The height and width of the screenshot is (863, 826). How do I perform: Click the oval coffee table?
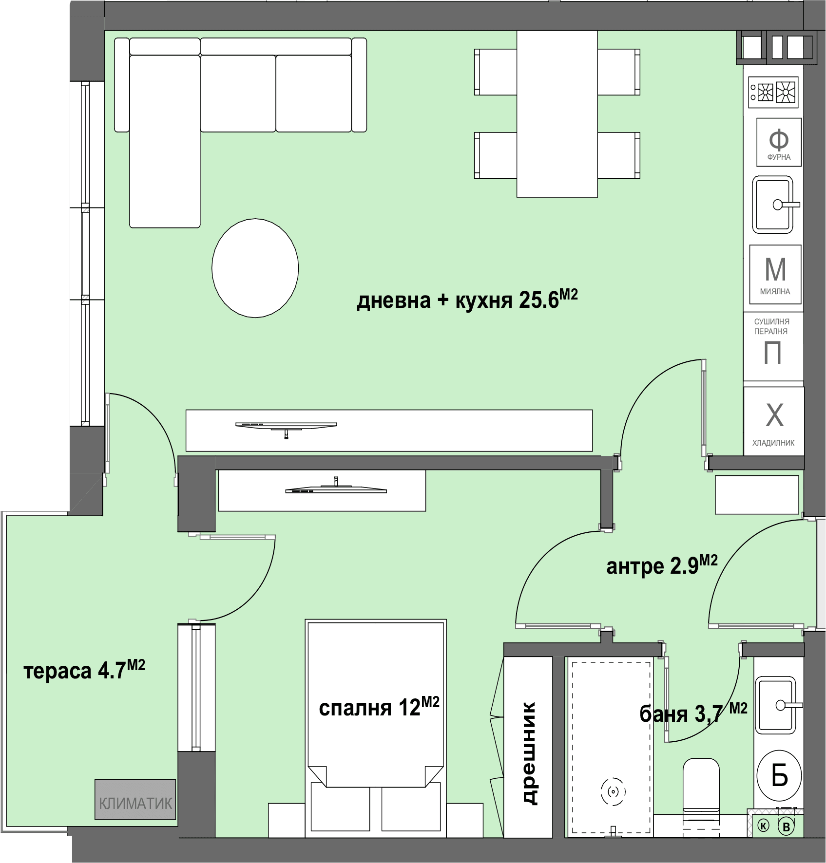255,268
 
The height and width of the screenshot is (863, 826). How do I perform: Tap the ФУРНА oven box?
779,142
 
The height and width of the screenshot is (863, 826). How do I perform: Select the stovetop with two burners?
773,92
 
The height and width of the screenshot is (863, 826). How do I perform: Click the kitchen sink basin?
773,205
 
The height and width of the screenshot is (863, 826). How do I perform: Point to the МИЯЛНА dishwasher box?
775,274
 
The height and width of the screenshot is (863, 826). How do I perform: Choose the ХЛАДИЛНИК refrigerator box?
773,421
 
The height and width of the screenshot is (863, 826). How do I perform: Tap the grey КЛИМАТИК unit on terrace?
135,799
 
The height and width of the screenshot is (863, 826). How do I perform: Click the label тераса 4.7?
84,671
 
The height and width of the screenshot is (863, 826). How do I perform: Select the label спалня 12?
379,707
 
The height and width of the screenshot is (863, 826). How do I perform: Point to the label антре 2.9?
662,565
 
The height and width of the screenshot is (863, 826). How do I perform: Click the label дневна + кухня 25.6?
467,300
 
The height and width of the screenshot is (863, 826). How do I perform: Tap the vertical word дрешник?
528,753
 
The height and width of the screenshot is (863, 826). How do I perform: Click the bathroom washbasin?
775,705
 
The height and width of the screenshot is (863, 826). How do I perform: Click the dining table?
557,114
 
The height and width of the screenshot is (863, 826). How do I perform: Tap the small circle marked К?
764,825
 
